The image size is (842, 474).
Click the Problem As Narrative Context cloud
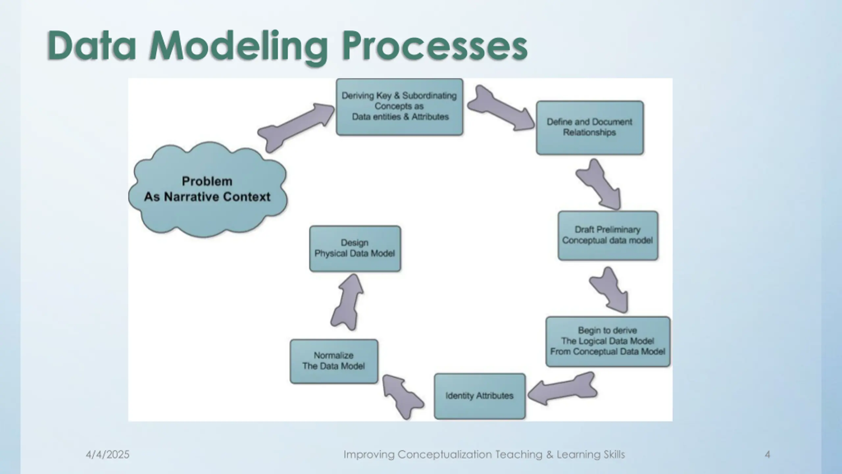[x=207, y=189]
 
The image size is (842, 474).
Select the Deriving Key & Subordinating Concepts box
[x=399, y=107]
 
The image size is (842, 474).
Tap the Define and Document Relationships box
[x=589, y=128]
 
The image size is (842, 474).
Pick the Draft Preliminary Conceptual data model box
[x=607, y=235]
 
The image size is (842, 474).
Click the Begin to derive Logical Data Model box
[x=607, y=341]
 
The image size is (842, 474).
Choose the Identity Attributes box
[x=479, y=396]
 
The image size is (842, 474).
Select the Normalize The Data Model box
[x=334, y=361]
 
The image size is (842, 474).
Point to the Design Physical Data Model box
[x=355, y=249]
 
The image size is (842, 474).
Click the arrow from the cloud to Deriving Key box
[x=296, y=127]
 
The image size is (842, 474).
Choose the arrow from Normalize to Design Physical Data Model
[x=347, y=303]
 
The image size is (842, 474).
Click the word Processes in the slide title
[x=434, y=46]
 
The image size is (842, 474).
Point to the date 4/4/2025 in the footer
[x=108, y=455]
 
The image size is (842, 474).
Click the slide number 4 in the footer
[x=767, y=455]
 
